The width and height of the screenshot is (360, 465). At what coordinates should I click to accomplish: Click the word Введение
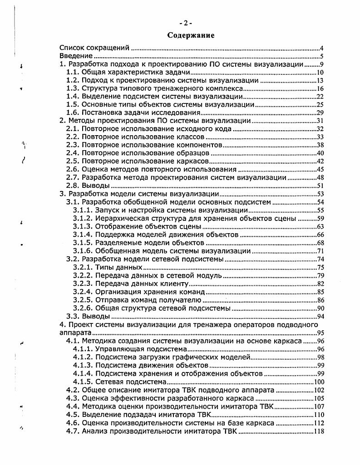click(76, 56)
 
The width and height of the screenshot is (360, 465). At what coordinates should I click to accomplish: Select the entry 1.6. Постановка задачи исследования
click(133, 113)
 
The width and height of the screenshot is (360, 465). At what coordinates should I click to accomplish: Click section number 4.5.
click(73, 415)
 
